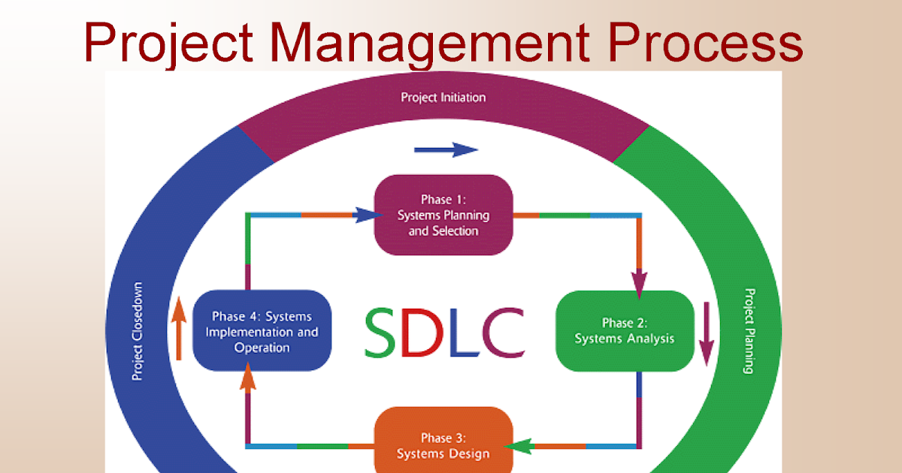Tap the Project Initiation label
(x=443, y=98)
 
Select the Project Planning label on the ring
(x=749, y=330)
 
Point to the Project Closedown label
(x=138, y=330)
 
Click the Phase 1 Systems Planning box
(x=443, y=215)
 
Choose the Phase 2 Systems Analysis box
(x=624, y=331)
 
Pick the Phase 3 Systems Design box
(x=443, y=444)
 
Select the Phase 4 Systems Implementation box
(x=262, y=331)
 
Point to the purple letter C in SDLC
(x=502, y=332)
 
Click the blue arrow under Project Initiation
(x=446, y=150)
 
